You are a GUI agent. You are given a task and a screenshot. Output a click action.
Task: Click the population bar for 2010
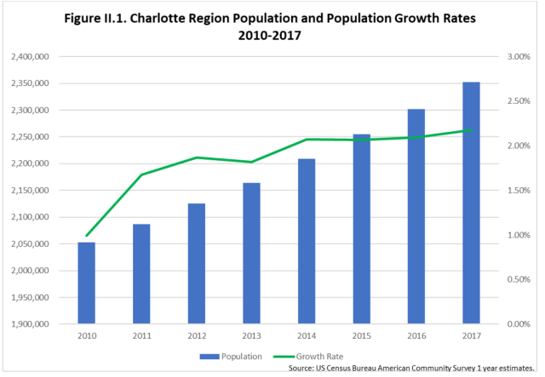87,283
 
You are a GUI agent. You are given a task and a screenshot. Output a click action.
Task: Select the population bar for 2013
250,253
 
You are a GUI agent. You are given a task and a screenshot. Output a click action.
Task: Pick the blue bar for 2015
361,229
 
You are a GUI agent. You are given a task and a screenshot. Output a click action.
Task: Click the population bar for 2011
141,273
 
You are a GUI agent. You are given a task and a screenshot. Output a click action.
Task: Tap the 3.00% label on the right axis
519,57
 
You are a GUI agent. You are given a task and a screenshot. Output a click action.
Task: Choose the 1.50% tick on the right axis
519,191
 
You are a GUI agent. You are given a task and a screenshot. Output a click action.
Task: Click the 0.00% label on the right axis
519,324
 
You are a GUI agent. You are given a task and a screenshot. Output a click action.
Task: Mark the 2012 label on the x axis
196,337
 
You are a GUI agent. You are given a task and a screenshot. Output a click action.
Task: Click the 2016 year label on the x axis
416,337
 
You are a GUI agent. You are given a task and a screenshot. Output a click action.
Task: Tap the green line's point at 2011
141,174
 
